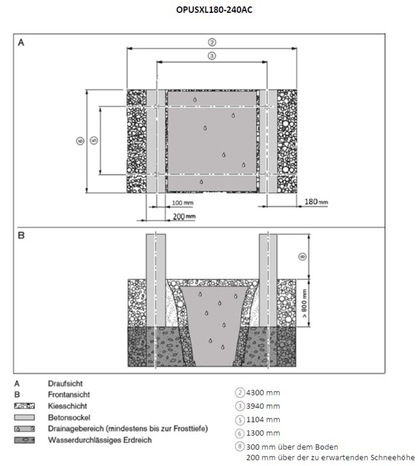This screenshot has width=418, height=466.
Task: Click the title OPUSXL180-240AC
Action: (209, 9)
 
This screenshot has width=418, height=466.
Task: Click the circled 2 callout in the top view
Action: (211, 42)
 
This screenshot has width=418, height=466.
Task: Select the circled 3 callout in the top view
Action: (211, 56)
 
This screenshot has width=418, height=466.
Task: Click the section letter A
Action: (21, 43)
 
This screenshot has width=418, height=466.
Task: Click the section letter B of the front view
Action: (21, 236)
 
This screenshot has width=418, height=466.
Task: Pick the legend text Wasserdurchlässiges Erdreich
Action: (100, 440)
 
